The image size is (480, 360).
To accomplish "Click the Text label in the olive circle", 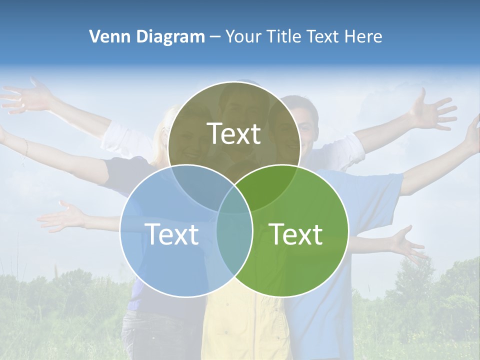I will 234,133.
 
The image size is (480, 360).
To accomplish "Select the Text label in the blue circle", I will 171,234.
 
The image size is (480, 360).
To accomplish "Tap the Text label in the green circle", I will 296,234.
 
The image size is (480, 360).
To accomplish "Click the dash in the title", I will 215,36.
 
